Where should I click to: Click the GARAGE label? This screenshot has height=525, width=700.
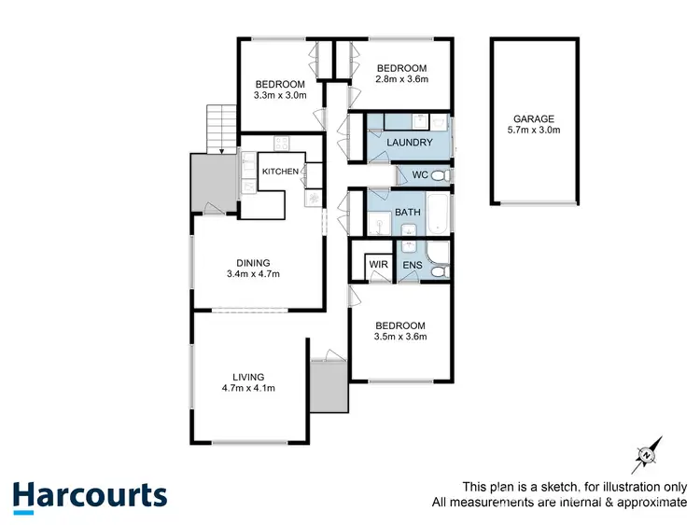tap(533, 118)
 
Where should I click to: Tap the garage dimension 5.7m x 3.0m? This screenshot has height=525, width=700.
tap(533, 131)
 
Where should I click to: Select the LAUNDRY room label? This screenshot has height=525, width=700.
tap(410, 143)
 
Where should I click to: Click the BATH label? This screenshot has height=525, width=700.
tap(409, 213)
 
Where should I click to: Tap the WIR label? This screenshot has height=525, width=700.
tap(378, 265)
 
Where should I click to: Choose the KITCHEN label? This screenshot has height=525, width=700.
tap(280, 172)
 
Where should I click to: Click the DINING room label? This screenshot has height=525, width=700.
tap(253, 262)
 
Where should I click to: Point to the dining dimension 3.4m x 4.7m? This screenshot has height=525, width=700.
tap(253, 274)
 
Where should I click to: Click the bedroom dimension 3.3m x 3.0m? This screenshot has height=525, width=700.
tap(279, 95)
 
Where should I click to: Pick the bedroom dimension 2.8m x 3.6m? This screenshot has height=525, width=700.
tap(401, 80)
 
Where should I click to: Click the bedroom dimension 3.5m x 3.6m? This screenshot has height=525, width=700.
tap(399, 337)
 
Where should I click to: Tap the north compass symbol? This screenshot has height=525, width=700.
tap(647, 454)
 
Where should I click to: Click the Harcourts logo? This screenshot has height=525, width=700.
tap(90, 496)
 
